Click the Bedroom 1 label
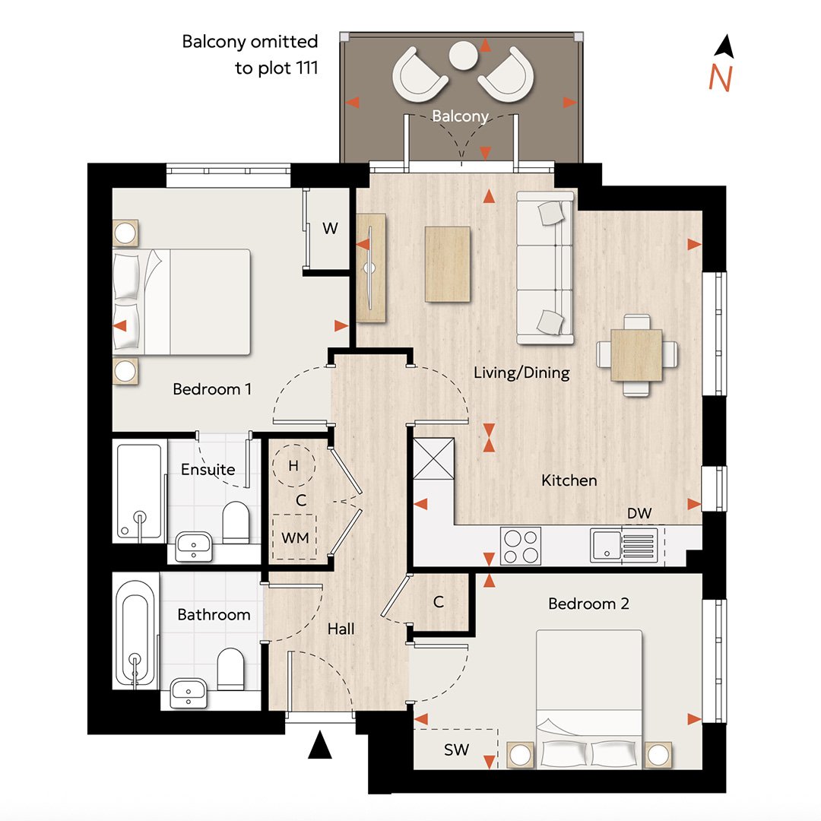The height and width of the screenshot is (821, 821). (212, 389)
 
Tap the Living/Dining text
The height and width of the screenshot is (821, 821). (521, 372)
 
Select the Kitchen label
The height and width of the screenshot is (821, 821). (569, 480)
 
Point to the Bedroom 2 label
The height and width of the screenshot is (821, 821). (588, 604)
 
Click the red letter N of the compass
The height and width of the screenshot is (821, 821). (720, 78)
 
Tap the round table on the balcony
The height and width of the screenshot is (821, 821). (464, 55)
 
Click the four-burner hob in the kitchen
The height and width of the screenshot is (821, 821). (521, 546)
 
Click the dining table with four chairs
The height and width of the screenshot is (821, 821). (637, 355)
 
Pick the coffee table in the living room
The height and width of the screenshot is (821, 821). (447, 265)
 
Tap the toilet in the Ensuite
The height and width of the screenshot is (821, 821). (236, 522)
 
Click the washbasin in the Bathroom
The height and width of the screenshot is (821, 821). (189, 693)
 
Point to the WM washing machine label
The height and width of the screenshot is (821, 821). (295, 537)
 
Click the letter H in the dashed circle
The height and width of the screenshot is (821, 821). (293, 465)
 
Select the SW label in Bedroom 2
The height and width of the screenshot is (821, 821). (456, 750)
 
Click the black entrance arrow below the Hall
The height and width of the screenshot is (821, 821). (320, 745)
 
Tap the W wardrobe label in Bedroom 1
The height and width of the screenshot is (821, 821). (330, 228)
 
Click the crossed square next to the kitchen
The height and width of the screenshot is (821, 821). (433, 458)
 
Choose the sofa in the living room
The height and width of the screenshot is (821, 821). (545, 268)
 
